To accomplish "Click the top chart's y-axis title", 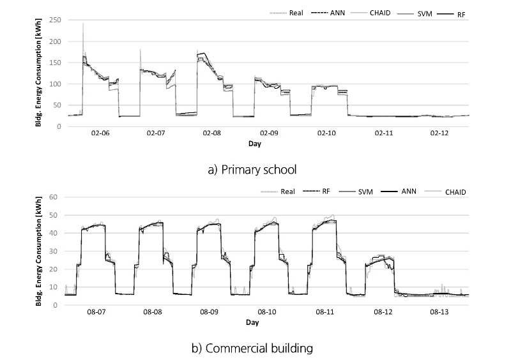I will (x=40, y=72).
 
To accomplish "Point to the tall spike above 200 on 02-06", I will (x=83, y=26).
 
